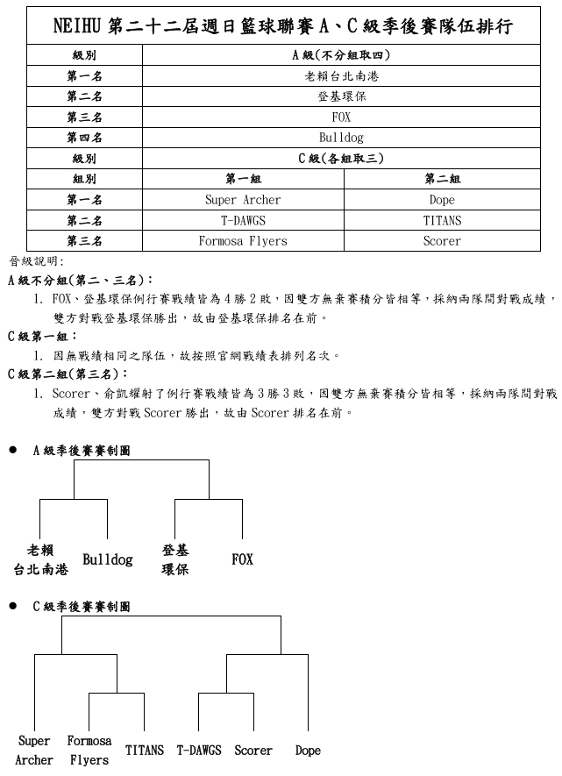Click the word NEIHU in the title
[76, 27]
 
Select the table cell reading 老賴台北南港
[341, 75]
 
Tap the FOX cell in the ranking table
[341, 117]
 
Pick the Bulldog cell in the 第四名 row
[341, 138]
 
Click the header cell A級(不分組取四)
[341, 55]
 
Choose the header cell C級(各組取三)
[341, 159]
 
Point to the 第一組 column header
[243, 179]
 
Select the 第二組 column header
[442, 179]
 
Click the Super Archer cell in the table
[243, 200]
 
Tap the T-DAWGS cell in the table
[243, 221]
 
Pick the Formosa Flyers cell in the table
[243, 241]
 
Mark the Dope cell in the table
[442, 200]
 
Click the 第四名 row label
[84, 138]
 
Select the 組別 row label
[84, 179]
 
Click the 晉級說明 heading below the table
[32, 261]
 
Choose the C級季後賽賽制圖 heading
[82, 606]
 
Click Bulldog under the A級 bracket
[107, 559]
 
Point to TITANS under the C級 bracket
[144, 751]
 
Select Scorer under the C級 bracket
[253, 751]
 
